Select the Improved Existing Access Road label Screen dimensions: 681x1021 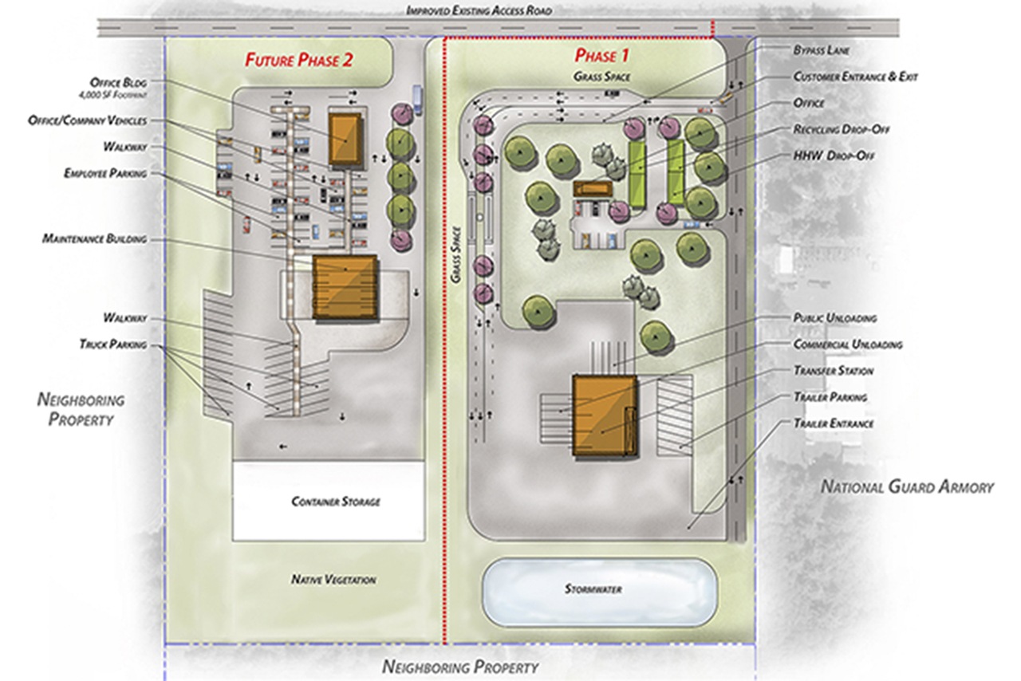click(x=479, y=11)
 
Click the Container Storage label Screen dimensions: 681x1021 click(x=336, y=502)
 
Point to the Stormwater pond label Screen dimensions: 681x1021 click(x=593, y=589)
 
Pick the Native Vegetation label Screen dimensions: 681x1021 click(x=333, y=580)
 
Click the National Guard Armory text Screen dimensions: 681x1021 click(x=908, y=486)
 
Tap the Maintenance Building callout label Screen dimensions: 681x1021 click(x=95, y=239)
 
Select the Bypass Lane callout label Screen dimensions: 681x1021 click(x=821, y=50)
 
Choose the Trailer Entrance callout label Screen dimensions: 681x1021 click(x=834, y=423)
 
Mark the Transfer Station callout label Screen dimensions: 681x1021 click(x=833, y=371)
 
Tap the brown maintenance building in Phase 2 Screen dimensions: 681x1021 click(x=344, y=287)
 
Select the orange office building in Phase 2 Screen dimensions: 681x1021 click(x=346, y=140)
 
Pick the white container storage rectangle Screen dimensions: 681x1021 click(x=328, y=500)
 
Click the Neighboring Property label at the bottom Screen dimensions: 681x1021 click(x=460, y=667)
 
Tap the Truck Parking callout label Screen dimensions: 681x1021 click(x=113, y=344)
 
